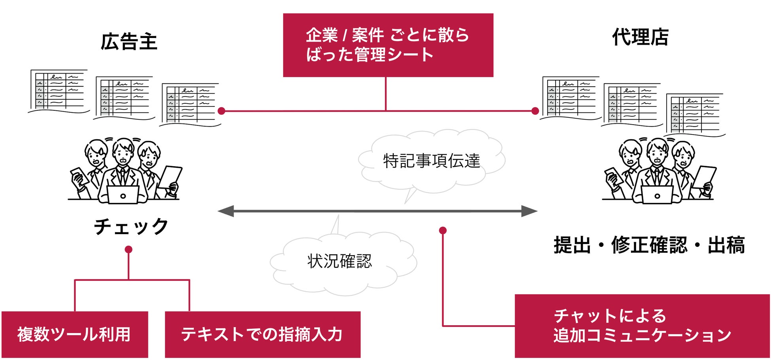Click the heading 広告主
coord(129,42)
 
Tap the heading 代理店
coord(640,38)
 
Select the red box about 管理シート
coord(388,45)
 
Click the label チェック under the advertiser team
coord(131,227)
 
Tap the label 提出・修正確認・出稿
coord(649,245)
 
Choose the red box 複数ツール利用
coord(75,334)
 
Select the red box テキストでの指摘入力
coord(263,334)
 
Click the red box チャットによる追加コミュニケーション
coord(642,326)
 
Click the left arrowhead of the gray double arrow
coord(226,211)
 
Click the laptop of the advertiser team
coord(123,195)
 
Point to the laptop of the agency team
coord(657,195)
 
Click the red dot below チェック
coord(128,250)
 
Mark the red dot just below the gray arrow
coord(443,230)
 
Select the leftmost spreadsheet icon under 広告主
coord(59,91)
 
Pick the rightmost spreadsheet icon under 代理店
coord(695,114)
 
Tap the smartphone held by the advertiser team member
coord(79,176)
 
